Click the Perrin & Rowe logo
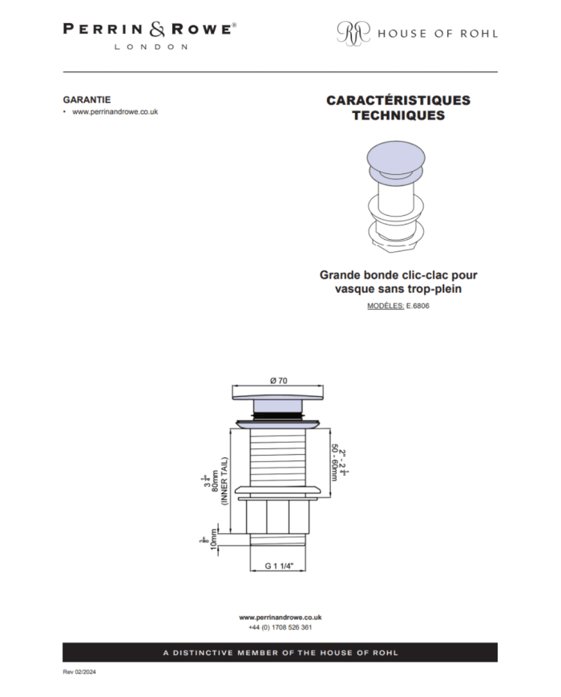(150, 36)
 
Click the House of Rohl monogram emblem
(353, 32)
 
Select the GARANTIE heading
(87, 99)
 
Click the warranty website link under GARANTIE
(115, 112)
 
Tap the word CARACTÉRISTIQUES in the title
(398, 100)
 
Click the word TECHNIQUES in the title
(398, 115)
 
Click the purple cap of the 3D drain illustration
(396, 158)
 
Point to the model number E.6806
(418, 306)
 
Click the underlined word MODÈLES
(385, 306)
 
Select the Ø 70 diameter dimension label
(279, 380)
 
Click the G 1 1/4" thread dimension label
(279, 566)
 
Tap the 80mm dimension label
(216, 481)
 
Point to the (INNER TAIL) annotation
(224, 481)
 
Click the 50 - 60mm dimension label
(334, 462)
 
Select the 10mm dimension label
(214, 539)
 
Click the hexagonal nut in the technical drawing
(278, 517)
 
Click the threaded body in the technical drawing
(278, 458)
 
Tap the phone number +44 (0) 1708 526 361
(280, 627)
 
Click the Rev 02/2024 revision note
(79, 671)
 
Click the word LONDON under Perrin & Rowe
(151, 47)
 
